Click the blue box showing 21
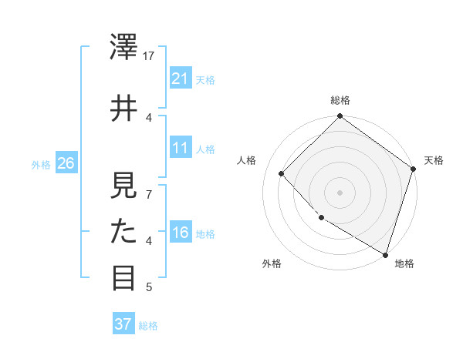181,79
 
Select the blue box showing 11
181,148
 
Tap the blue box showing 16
181,233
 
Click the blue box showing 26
66,163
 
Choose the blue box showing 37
123,324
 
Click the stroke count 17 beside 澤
150,56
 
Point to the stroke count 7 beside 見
149,194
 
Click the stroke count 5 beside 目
149,287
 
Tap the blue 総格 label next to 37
148,326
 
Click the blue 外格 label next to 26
40,165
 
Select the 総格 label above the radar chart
340,100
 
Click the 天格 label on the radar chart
434,160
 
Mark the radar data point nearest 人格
282,173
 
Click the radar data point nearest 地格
385,253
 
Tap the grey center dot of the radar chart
340,192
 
